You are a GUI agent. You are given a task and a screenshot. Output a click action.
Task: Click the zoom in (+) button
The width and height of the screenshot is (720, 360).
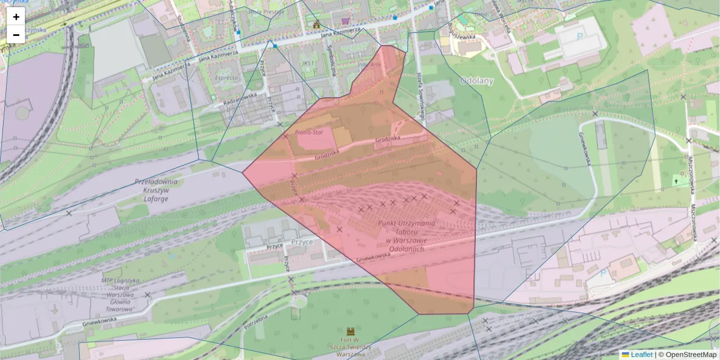(x=16, y=17)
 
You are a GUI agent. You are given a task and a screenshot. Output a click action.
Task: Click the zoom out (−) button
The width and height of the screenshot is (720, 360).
(x=16, y=35)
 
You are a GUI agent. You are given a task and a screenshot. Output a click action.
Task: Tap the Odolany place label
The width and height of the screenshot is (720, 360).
(x=476, y=80)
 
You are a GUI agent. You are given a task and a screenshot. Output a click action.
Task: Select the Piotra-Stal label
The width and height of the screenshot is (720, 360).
(x=310, y=131)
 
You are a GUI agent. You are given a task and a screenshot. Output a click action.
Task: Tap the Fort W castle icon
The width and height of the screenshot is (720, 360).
(x=350, y=331)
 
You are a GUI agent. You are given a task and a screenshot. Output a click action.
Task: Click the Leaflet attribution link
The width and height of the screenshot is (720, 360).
(x=641, y=355)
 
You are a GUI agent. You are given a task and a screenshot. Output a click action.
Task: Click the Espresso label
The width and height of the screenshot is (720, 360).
(x=226, y=77)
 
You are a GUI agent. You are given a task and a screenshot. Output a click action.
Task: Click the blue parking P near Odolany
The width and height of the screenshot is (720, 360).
(x=580, y=36)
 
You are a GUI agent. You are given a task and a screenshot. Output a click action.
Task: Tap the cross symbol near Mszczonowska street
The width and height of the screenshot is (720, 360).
(x=677, y=181)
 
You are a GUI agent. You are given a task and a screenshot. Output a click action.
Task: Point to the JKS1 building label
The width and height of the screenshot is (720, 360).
(x=309, y=62)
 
